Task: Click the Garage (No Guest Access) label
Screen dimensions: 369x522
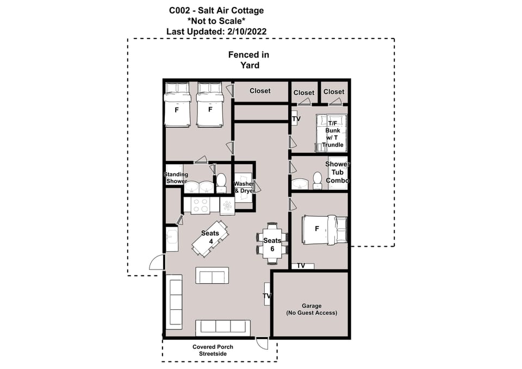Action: [312, 309]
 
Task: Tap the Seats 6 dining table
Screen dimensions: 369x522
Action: [272, 243]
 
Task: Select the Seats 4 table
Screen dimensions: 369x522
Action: [210, 238]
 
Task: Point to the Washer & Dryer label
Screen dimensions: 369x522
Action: [243, 187]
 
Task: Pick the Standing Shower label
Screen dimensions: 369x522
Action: [176, 178]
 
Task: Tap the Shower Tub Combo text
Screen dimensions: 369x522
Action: [337, 172]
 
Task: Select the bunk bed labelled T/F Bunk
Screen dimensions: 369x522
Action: [331, 132]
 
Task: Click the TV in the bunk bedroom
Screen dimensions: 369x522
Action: [295, 118]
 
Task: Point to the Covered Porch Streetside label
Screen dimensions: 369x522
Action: [209, 350]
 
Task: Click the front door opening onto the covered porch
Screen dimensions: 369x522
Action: [262, 342]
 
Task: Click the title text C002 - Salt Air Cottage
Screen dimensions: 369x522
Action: [216, 10]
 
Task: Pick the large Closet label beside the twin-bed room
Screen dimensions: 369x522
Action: [260, 91]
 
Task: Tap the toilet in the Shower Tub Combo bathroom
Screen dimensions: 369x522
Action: [317, 182]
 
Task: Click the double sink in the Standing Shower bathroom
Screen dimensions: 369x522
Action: [198, 186]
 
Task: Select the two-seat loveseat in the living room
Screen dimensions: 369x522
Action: [212, 276]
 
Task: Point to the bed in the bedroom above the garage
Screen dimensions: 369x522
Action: [324, 229]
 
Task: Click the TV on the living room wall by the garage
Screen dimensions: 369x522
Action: [267, 296]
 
